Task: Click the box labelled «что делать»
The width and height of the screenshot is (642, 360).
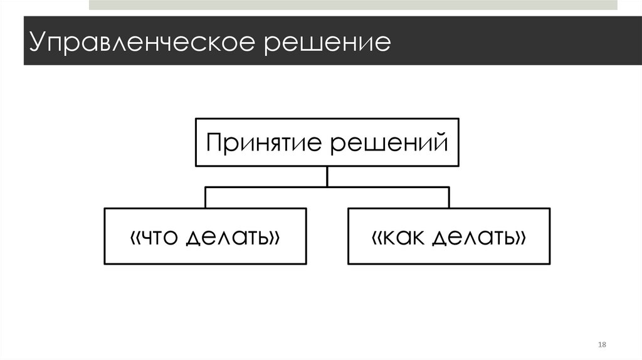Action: point(206,236)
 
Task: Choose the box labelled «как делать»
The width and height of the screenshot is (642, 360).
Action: point(449,236)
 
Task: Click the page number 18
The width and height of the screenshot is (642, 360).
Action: point(603,346)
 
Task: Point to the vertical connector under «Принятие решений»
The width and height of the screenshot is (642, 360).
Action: point(327,176)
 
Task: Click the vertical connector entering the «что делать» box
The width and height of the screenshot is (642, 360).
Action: point(206,198)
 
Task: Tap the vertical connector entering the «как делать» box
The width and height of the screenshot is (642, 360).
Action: point(449,198)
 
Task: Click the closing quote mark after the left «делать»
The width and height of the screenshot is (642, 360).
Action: point(273,238)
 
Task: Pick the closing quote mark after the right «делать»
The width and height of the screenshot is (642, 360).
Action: point(520,238)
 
